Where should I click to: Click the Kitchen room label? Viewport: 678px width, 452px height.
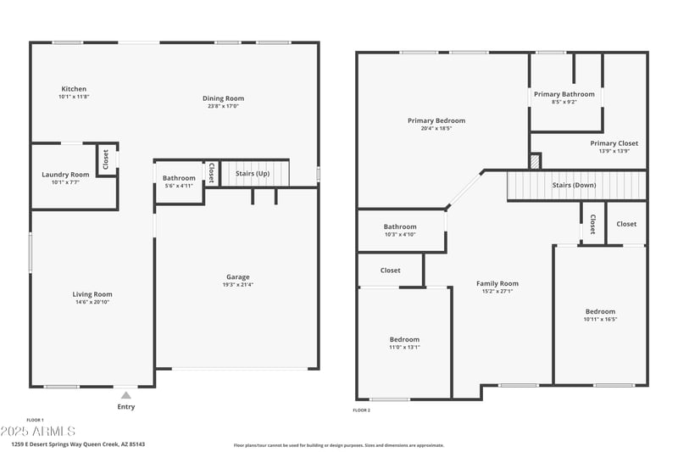(74, 89)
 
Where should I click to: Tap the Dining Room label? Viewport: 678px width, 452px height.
(224, 98)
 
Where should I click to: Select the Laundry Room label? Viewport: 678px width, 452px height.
(65, 175)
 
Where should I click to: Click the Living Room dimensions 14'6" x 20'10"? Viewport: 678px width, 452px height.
(92, 302)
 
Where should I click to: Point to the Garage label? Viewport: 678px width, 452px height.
(237, 276)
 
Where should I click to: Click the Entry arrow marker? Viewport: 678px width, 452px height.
(126, 394)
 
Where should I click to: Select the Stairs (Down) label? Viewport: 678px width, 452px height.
(573, 184)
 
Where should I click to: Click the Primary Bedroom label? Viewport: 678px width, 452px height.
(436, 120)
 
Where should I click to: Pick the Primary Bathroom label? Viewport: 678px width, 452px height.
(564, 93)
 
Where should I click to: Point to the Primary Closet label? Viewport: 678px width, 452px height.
(614, 143)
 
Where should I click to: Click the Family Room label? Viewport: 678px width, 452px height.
(497, 283)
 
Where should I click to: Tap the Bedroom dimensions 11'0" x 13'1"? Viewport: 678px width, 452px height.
(404, 347)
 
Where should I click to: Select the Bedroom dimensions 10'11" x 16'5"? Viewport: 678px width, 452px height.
(600, 319)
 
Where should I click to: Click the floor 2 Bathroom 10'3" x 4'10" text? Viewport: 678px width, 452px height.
(400, 234)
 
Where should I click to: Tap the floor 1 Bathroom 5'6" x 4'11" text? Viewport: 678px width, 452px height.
(179, 185)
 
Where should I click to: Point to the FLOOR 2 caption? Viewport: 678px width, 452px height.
(361, 410)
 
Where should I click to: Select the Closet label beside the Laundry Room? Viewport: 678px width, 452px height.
(106, 159)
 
